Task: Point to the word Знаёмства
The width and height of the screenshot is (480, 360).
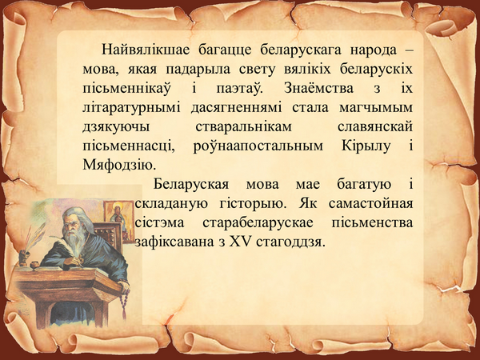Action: click(x=318, y=88)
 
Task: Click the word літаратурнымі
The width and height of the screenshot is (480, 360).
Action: click(x=132, y=108)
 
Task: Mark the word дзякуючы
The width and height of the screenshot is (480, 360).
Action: click(x=116, y=127)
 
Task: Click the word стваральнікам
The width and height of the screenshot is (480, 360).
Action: click(x=244, y=127)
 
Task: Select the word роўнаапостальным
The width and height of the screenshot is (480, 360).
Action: click(x=258, y=146)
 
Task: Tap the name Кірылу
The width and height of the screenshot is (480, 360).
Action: click(x=366, y=146)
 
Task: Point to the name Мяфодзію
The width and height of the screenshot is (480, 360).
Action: click(x=119, y=166)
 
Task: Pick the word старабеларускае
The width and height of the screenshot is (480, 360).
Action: click(x=258, y=223)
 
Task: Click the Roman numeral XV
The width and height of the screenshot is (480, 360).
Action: click(x=240, y=242)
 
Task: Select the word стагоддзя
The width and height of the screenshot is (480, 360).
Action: click(x=290, y=242)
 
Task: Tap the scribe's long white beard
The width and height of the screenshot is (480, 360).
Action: click(x=74, y=238)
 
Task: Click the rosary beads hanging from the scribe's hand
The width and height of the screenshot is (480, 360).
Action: click(x=124, y=303)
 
